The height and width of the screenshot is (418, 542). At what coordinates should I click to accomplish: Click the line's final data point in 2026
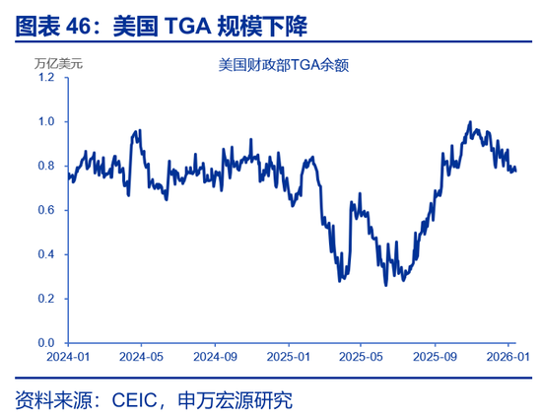pyautogui.click(x=515, y=170)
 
